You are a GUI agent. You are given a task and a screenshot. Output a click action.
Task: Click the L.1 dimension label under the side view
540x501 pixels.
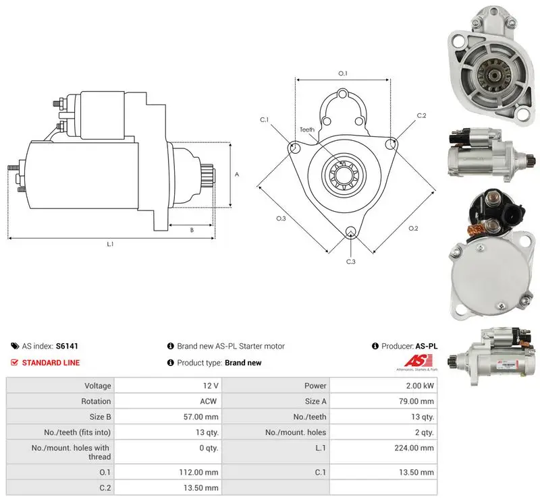pyautogui.click(x=110, y=244)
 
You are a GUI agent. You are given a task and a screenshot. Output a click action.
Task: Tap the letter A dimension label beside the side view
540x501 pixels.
pyautogui.click(x=237, y=175)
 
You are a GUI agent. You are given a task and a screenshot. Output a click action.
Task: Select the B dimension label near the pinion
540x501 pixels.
pyautogui.click(x=192, y=230)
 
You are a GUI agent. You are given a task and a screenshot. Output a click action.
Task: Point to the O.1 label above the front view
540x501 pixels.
pyautogui.click(x=343, y=73)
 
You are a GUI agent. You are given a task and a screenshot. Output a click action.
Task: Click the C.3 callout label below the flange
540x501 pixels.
pyautogui.click(x=350, y=262)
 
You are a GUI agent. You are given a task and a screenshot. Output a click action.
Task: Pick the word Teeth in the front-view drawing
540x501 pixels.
pyautogui.click(x=307, y=129)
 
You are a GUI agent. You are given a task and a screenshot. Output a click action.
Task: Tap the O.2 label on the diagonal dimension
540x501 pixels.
pyautogui.click(x=413, y=228)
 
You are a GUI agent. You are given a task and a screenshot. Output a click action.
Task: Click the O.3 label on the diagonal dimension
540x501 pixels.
pyautogui.click(x=281, y=218)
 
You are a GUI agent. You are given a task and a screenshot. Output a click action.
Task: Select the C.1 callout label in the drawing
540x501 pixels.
pyautogui.click(x=264, y=120)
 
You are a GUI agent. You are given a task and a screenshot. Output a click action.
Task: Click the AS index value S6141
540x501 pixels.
pyautogui.click(x=67, y=346)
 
